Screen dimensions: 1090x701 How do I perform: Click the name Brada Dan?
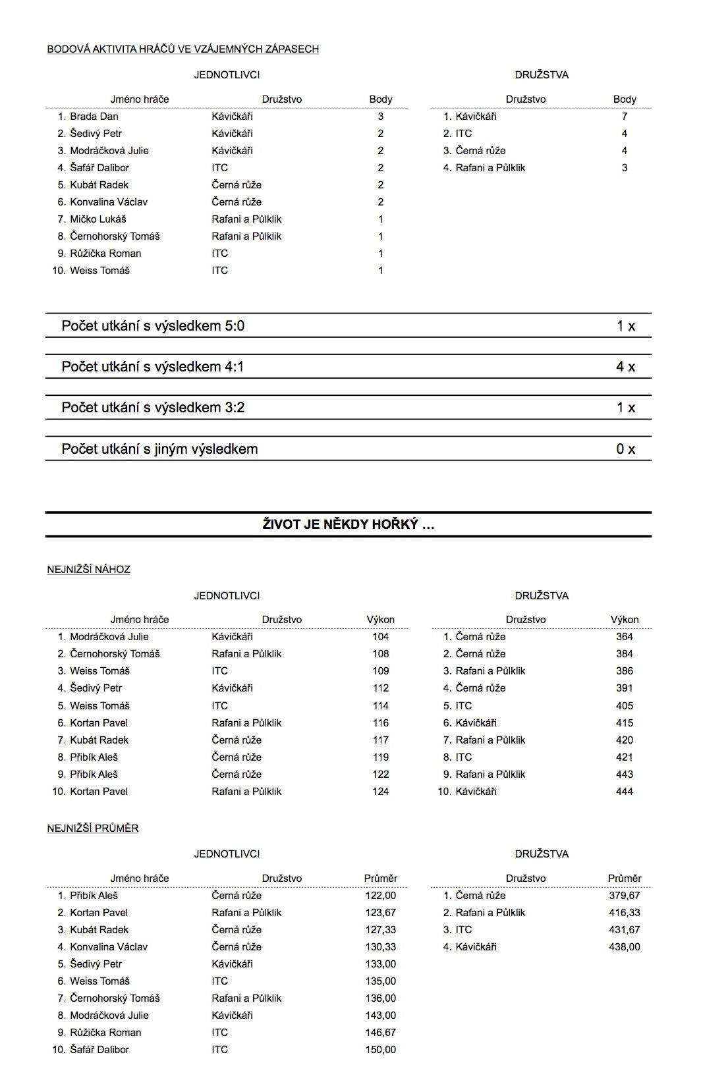(x=94, y=117)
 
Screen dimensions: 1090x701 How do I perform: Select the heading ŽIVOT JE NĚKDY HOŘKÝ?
(x=348, y=525)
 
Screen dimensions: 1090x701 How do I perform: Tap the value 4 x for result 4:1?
(x=625, y=367)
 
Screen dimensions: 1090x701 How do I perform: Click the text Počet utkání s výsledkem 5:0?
(x=153, y=326)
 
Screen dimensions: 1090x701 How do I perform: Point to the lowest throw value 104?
(x=380, y=637)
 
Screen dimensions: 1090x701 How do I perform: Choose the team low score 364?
(x=624, y=637)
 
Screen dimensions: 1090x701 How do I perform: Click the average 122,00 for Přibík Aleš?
(x=380, y=896)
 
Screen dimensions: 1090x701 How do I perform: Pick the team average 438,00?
(x=624, y=947)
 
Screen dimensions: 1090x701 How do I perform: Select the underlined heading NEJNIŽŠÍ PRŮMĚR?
(x=93, y=829)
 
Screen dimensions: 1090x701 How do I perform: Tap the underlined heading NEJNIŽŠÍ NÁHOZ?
(x=88, y=570)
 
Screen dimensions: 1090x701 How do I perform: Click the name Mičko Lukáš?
(x=98, y=219)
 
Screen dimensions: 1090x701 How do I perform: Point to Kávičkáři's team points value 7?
(x=625, y=117)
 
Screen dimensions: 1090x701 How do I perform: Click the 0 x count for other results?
(x=625, y=449)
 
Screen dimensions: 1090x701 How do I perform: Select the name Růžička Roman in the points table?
(x=105, y=254)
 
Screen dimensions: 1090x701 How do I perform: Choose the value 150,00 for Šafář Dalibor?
(x=380, y=1050)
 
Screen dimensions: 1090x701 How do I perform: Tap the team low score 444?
(x=624, y=792)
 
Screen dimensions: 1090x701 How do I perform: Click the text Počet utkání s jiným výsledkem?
(x=159, y=449)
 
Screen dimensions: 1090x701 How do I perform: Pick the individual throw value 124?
(x=380, y=792)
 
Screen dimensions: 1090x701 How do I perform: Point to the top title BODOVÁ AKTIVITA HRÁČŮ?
(x=183, y=49)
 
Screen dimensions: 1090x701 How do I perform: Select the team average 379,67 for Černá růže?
(x=624, y=896)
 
